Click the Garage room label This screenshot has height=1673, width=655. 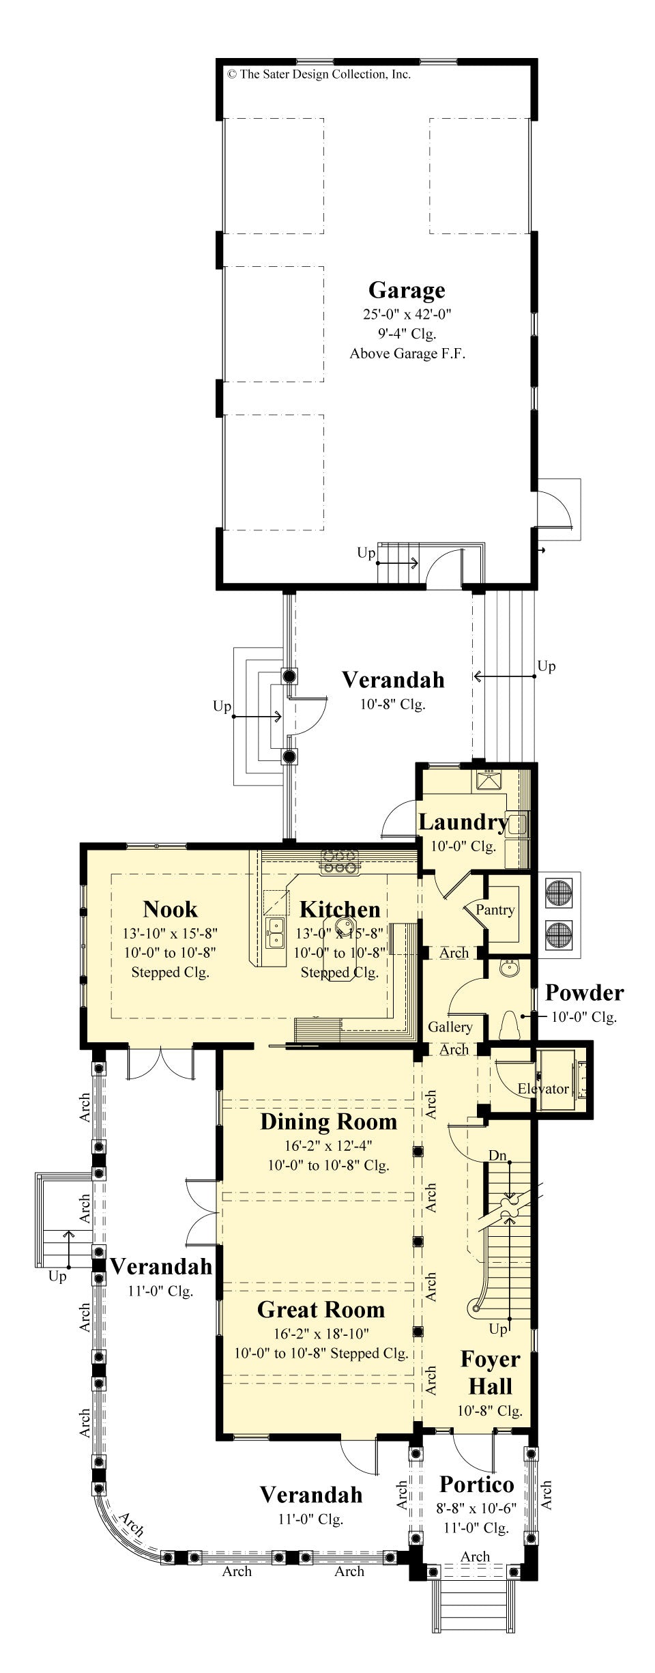tap(407, 290)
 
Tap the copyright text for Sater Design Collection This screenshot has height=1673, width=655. tap(319, 74)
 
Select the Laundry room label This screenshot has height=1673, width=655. tap(463, 822)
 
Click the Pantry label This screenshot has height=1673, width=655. tap(495, 909)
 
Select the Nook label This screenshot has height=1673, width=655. tap(170, 909)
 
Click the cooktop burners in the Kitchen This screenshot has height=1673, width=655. tap(340, 861)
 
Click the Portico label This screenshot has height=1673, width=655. tap(476, 1484)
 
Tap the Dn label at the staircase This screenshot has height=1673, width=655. tap(497, 1156)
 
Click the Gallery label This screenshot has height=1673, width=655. tap(450, 1027)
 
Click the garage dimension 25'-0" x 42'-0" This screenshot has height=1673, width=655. tap(407, 315)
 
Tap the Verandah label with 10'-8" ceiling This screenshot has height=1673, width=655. tap(392, 680)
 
